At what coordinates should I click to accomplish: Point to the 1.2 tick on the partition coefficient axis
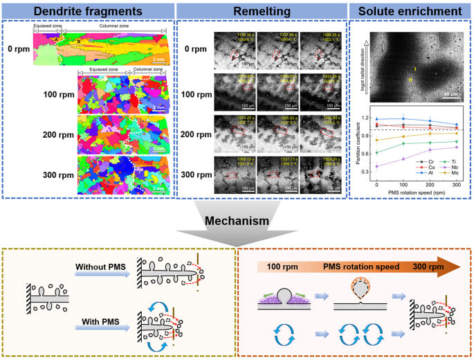(x=365, y=119)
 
